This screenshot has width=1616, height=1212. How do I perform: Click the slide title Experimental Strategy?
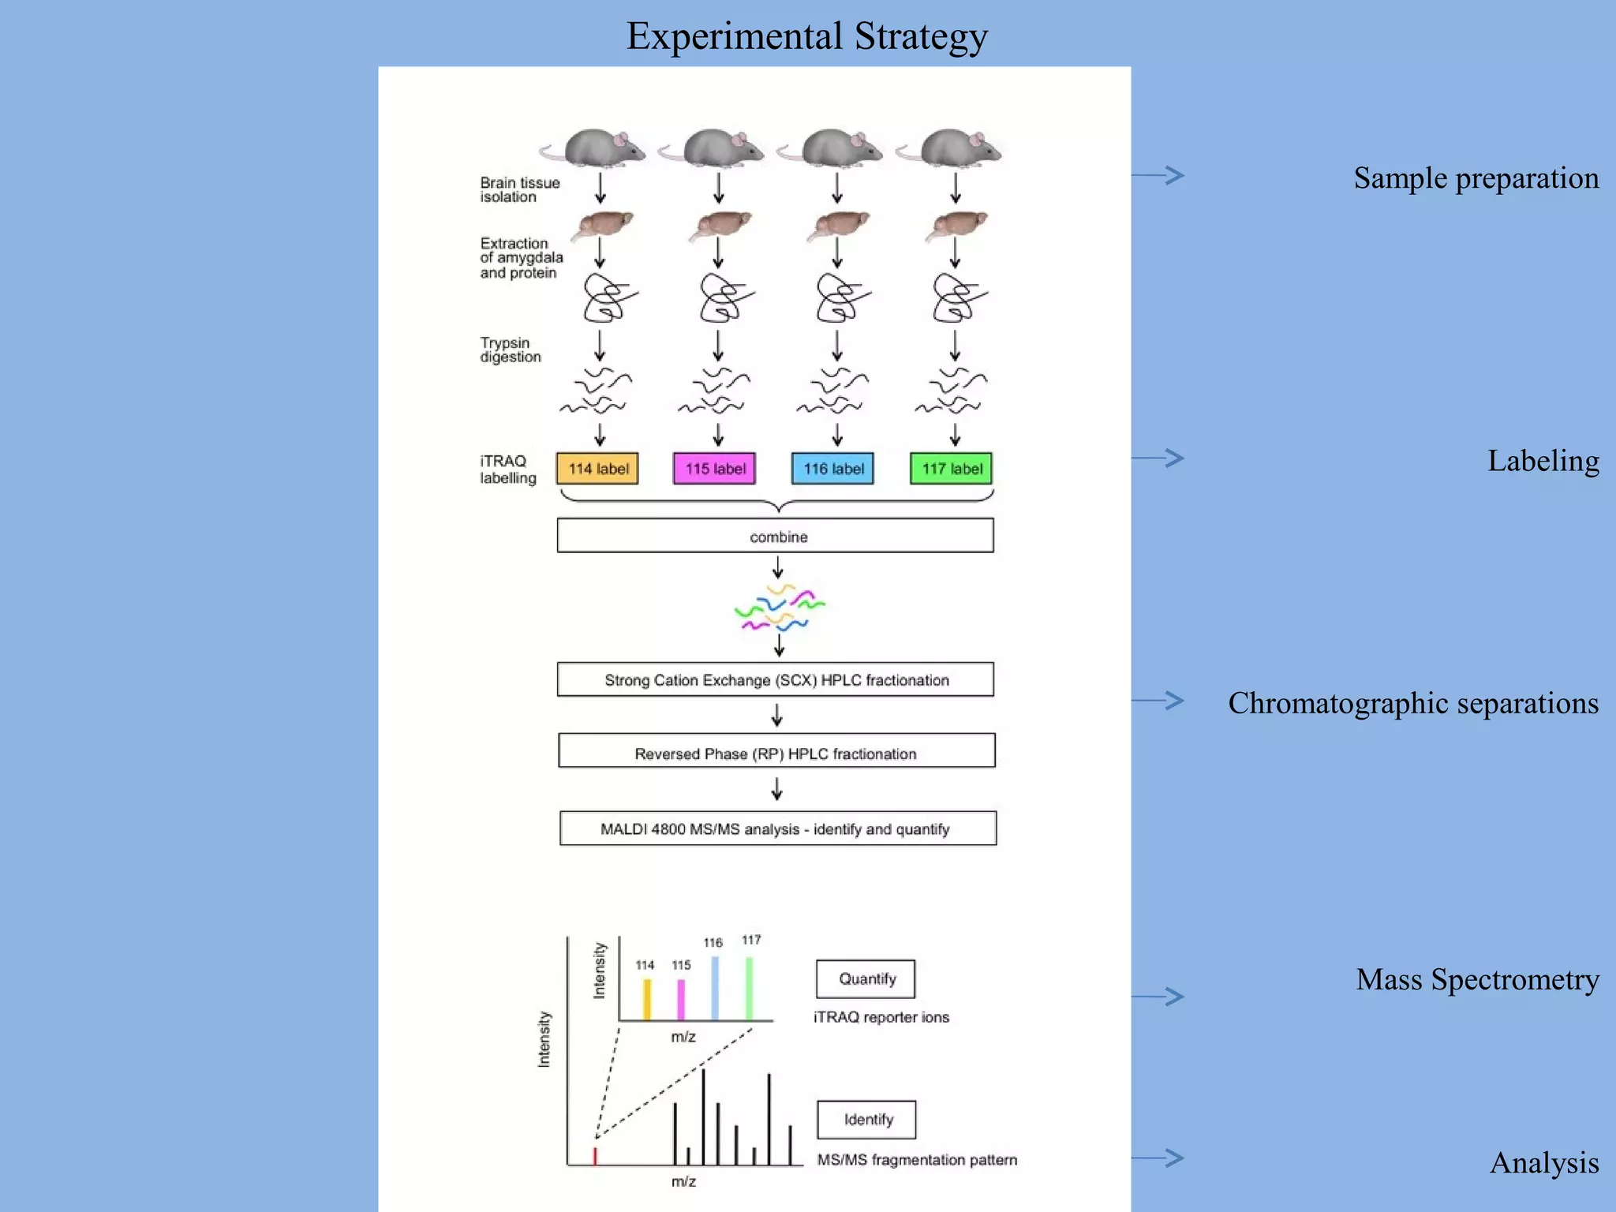[806, 36]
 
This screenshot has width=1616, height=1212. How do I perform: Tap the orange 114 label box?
[597, 469]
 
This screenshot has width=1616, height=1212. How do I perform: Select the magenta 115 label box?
[715, 469]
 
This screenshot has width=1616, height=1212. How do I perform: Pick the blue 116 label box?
[833, 469]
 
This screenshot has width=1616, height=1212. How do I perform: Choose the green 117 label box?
[952, 469]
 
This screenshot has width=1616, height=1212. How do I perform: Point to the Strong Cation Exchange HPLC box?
[776, 679]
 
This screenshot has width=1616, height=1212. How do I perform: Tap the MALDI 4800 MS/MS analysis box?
[778, 829]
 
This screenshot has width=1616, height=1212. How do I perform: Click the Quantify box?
[866, 978]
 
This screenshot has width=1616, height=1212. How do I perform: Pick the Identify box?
[867, 1120]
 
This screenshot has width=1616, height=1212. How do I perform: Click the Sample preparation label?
[1476, 178]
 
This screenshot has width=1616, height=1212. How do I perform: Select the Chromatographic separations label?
[1412, 703]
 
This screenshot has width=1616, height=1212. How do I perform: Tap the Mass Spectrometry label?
[1477, 979]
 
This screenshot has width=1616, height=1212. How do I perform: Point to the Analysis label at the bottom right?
[1543, 1163]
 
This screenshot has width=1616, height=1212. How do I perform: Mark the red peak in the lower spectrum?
[595, 1156]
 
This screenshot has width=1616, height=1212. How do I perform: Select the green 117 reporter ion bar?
[750, 988]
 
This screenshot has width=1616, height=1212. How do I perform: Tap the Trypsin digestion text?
[510, 350]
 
